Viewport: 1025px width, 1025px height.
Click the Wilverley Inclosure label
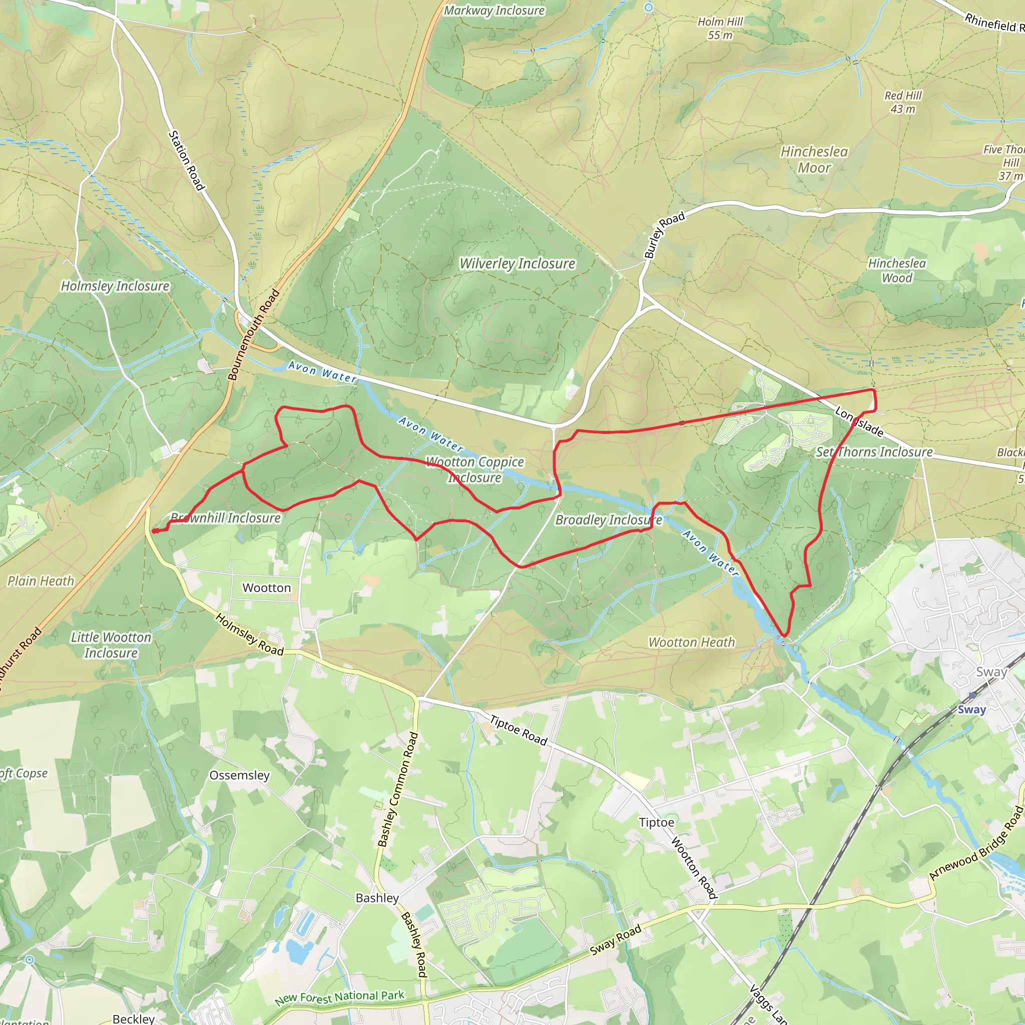[518, 264]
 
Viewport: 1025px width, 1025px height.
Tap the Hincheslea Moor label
[814, 160]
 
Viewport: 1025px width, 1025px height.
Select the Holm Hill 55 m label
[720, 29]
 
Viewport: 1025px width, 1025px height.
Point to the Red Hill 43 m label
[903, 103]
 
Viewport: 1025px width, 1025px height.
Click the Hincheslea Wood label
[896, 271]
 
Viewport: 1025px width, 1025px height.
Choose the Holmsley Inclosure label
[115, 286]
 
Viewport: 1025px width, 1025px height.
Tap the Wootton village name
[266, 588]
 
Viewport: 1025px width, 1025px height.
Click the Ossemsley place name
[239, 775]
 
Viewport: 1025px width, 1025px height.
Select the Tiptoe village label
[656, 822]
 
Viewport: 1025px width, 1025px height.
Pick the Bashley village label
[377, 898]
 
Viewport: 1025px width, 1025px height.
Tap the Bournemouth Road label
[254, 335]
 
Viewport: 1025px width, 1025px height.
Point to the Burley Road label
[664, 235]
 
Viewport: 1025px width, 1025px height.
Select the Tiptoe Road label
[518, 731]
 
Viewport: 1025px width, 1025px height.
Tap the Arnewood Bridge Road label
[975, 843]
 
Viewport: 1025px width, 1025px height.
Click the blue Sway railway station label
[971, 710]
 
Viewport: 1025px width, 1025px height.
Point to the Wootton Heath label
[691, 643]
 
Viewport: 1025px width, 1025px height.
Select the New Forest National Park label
[339, 997]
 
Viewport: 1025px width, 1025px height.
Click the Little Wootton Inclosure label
[111, 645]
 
